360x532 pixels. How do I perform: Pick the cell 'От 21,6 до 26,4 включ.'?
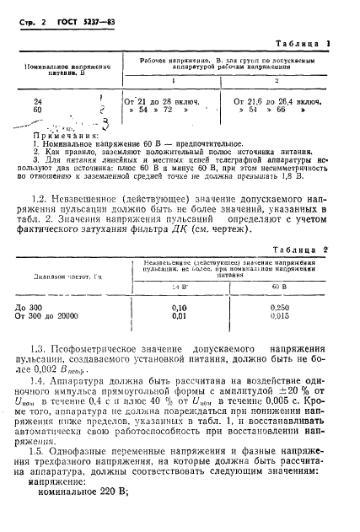pos(285,101)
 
